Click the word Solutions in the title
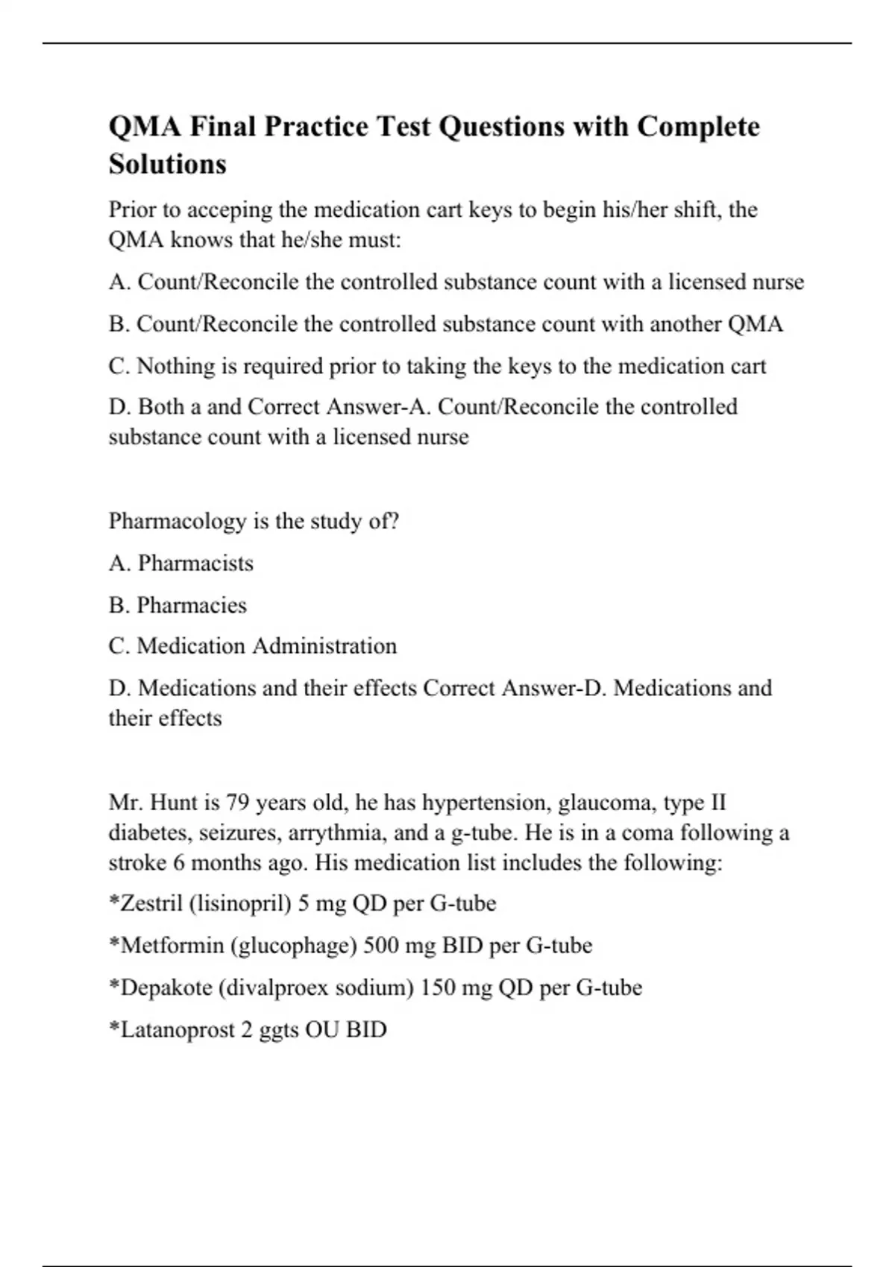pos(167,164)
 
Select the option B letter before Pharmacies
pos(118,605)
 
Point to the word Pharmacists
pos(195,563)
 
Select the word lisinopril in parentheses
pos(239,904)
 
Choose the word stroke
pos(137,863)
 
